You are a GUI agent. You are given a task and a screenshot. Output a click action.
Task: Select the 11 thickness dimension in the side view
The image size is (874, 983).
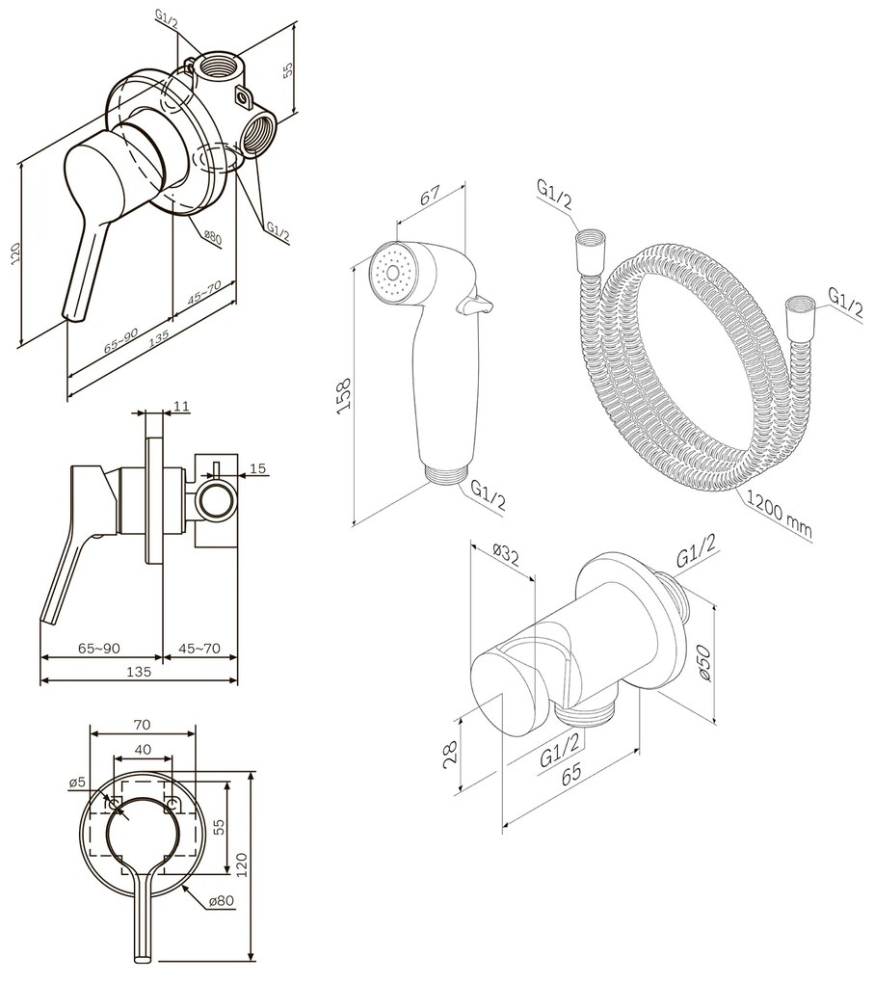coord(180,408)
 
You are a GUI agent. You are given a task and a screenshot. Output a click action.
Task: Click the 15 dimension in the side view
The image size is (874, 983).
coord(257,469)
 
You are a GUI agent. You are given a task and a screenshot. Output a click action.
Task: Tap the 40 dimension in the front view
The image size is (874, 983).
coord(142,749)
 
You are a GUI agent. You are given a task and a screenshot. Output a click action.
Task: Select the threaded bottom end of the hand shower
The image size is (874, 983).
coord(444,473)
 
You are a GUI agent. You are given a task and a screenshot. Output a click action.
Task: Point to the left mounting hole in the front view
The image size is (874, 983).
coord(114,804)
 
